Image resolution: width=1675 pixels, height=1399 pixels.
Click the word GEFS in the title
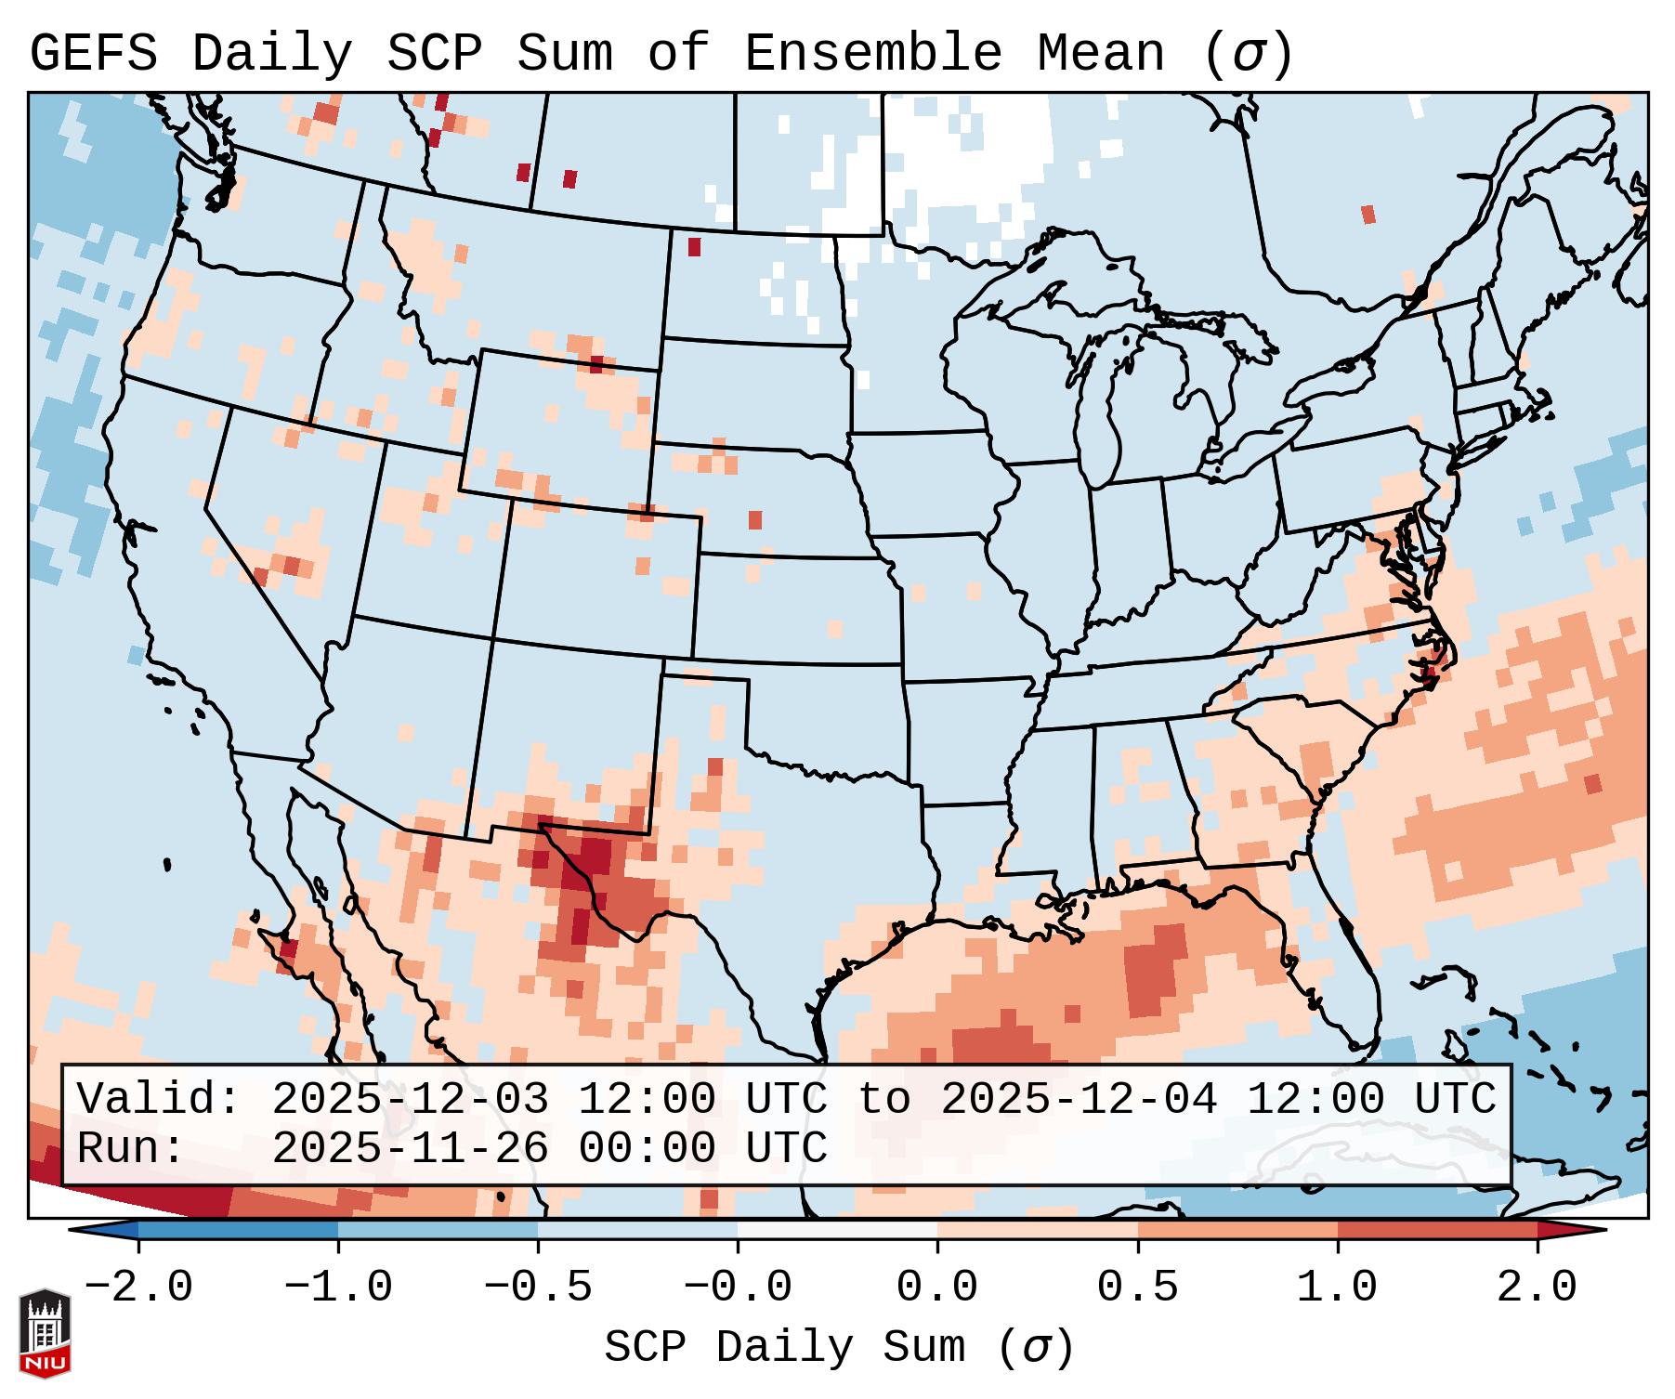(93, 54)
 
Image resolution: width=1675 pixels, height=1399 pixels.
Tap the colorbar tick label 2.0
(1537, 1288)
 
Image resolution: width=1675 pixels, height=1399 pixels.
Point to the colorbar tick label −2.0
(138, 1288)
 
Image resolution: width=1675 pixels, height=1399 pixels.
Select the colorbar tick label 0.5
(1137, 1288)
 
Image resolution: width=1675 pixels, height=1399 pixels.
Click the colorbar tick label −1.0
(337, 1288)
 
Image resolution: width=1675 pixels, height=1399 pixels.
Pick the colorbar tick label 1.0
(1337, 1288)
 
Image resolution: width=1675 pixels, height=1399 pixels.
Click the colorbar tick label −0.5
(538, 1288)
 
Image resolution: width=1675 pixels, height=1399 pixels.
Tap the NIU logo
(45, 1333)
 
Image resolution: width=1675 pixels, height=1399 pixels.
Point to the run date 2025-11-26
(409, 1149)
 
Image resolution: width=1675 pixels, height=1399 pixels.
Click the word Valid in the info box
(158, 1100)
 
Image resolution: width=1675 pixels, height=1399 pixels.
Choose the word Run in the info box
(130, 1149)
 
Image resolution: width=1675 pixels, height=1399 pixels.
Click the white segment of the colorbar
(837, 1230)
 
